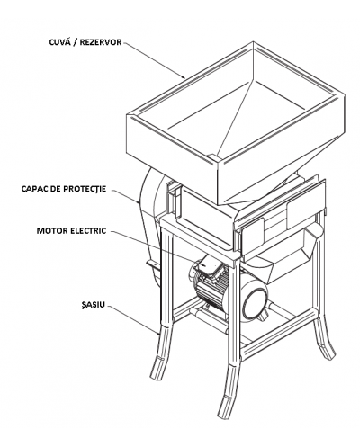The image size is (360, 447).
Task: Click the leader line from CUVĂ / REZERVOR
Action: [x=155, y=60]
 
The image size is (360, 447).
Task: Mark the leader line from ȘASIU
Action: [x=133, y=319]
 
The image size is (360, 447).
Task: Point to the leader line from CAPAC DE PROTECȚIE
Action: [x=123, y=196]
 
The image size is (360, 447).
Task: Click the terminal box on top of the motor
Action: [x=210, y=264]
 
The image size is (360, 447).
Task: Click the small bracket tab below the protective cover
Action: [x=153, y=264]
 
